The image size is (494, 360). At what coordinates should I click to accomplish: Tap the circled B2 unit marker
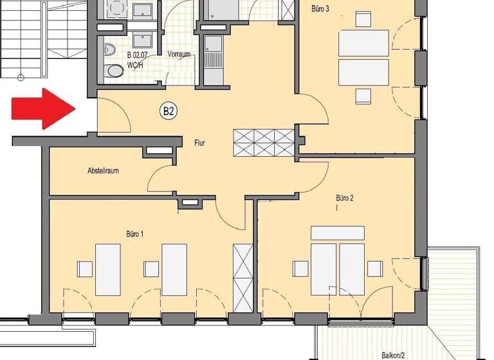click(x=169, y=111)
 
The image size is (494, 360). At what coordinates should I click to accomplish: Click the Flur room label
click(x=199, y=143)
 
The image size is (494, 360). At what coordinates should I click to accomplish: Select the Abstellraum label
click(x=103, y=171)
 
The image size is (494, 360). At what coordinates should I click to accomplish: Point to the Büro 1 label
click(x=134, y=234)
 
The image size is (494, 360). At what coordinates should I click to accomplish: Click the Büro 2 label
click(x=345, y=198)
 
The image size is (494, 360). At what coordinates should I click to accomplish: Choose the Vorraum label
click(x=179, y=55)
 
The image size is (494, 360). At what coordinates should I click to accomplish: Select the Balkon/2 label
click(x=392, y=354)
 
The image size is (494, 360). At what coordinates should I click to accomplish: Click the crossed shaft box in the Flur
click(x=264, y=143)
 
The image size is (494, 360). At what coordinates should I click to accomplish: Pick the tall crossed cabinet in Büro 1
click(x=243, y=278)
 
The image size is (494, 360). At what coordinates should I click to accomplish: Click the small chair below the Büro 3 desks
click(x=363, y=96)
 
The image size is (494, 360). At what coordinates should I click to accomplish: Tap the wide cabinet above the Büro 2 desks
click(x=338, y=233)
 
